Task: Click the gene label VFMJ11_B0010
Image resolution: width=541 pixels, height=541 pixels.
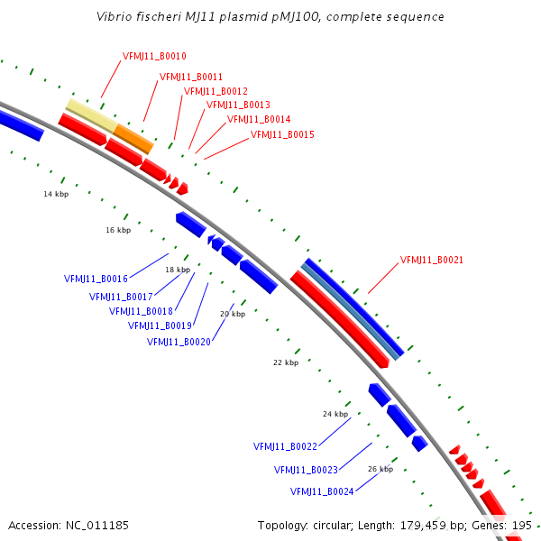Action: click(x=154, y=56)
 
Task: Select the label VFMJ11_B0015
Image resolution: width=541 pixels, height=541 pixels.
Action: click(x=282, y=134)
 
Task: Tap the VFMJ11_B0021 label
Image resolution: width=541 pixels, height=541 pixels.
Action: click(x=432, y=260)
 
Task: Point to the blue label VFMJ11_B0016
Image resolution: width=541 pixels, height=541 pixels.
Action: click(x=96, y=279)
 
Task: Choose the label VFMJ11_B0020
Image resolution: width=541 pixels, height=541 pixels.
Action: click(x=179, y=342)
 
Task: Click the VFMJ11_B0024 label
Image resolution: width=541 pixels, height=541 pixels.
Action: click(x=322, y=491)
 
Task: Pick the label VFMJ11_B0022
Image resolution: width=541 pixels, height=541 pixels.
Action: click(x=285, y=446)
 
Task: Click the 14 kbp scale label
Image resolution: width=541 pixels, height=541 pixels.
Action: click(x=56, y=194)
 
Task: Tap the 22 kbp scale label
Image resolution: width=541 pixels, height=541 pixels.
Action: click(x=285, y=362)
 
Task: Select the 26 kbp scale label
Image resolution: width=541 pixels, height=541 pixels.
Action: click(x=381, y=469)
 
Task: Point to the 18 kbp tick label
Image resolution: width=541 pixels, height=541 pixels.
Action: click(x=178, y=270)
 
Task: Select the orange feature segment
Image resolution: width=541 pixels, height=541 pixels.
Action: click(x=133, y=138)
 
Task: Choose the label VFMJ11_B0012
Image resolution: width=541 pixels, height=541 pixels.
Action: click(x=215, y=91)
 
